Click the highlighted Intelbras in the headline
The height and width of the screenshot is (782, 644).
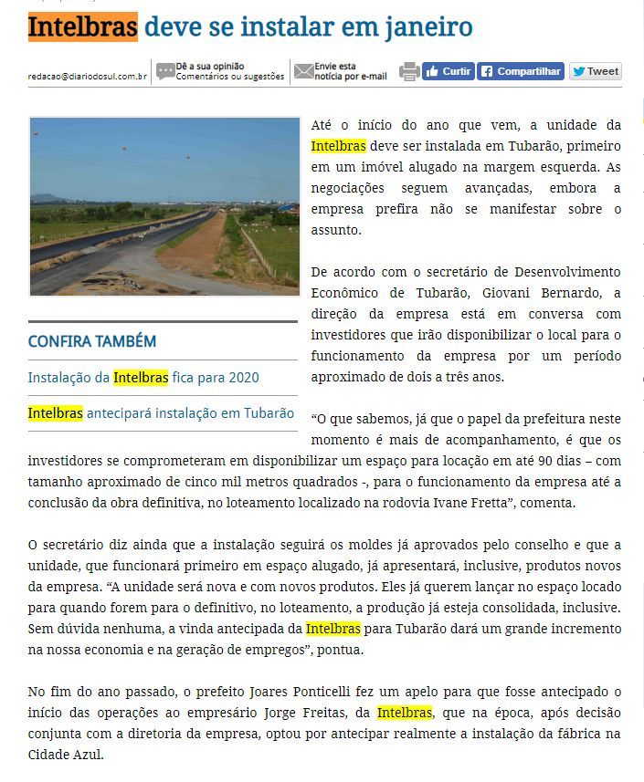tap(82, 26)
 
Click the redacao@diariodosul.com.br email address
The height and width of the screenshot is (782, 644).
tap(88, 77)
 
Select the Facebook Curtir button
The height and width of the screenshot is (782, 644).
tap(448, 71)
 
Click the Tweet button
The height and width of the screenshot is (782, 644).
tap(595, 71)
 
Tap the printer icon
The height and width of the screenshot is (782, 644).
tap(409, 71)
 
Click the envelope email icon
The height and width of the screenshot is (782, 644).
tap(303, 71)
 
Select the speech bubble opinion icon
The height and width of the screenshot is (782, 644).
tap(165, 71)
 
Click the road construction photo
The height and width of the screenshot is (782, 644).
tap(164, 205)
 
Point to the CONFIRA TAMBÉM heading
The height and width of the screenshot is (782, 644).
tap(92, 341)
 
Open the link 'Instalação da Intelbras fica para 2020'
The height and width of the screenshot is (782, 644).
tap(143, 377)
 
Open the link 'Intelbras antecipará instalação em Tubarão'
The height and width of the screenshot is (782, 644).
tap(161, 412)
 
